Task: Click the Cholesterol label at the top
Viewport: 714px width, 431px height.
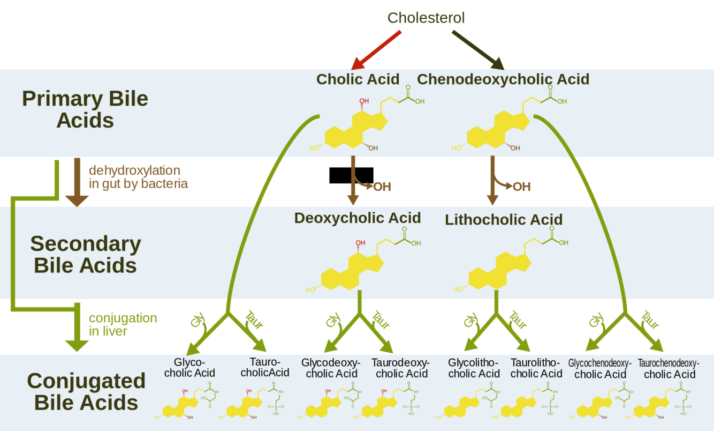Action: click(x=426, y=18)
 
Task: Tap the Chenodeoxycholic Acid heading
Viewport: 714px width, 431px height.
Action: click(x=503, y=79)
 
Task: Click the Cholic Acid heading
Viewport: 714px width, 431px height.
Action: click(x=358, y=79)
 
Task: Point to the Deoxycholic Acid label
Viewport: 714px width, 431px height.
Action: click(x=358, y=218)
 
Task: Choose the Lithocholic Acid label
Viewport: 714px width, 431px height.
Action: click(x=504, y=220)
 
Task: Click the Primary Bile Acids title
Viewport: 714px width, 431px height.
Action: click(x=85, y=110)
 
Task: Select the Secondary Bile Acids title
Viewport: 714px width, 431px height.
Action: click(x=85, y=255)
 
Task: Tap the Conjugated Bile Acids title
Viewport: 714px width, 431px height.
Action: click(x=86, y=391)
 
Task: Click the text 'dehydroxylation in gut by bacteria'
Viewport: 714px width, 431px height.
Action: click(x=138, y=177)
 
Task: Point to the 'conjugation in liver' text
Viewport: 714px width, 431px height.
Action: click(x=123, y=325)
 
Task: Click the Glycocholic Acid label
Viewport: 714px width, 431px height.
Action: click(x=189, y=367)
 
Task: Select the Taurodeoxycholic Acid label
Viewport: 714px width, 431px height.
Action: click(x=400, y=368)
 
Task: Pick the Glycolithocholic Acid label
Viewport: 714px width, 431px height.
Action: click(x=474, y=368)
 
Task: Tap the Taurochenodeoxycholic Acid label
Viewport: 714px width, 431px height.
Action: click(x=669, y=368)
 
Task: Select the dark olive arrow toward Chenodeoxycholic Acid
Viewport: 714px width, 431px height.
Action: click(x=478, y=50)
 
